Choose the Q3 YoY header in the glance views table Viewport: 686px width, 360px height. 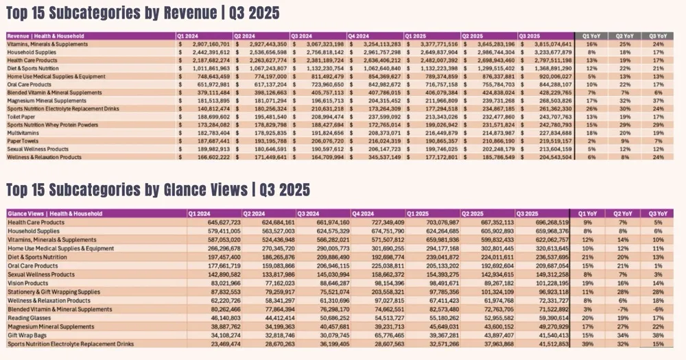pyautogui.click(x=659, y=214)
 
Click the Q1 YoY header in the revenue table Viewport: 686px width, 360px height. pyautogui.click(x=591, y=36)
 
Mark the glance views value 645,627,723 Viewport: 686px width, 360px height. pyautogui.click(x=220, y=222)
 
